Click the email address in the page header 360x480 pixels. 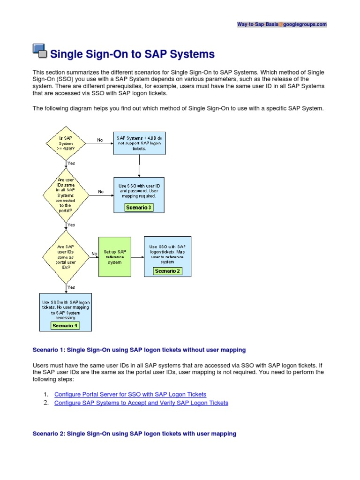tap(282, 24)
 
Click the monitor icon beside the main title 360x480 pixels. tap(40, 51)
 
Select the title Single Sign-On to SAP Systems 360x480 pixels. tap(132, 54)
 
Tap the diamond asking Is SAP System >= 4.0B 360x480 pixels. tap(65, 142)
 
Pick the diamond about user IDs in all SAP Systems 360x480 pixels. tap(65, 195)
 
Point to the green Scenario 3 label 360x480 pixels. tap(138, 208)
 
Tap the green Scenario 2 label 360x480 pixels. tap(167, 271)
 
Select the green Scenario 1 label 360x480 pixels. tap(65, 325)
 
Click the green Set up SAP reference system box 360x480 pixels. tap(114, 256)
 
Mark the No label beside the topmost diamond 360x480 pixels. tap(100, 140)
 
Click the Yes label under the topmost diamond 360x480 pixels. tap(71, 163)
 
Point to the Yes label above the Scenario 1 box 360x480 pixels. tap(71, 287)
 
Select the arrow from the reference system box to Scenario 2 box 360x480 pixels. tap(137, 256)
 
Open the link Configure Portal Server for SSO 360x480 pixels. tap(130, 395)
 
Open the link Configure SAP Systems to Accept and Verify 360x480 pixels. tap(141, 403)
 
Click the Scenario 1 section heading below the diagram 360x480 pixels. tap(139, 350)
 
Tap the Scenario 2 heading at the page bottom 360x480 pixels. tap(134, 434)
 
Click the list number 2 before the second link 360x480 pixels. tap(46, 403)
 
